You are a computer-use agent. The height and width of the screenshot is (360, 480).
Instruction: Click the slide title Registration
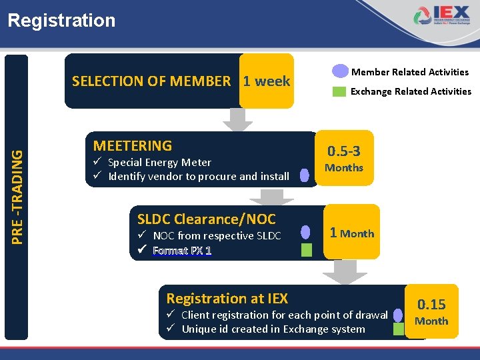(x=61, y=21)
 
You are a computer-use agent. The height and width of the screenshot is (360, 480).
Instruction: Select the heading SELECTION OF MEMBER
(x=151, y=81)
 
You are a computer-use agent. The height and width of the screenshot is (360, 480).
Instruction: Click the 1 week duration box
(x=266, y=81)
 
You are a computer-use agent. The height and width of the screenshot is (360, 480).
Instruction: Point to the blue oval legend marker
(x=340, y=71)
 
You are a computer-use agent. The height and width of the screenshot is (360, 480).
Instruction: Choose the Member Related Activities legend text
(x=410, y=72)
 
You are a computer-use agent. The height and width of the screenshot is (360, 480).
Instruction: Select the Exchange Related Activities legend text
(x=411, y=91)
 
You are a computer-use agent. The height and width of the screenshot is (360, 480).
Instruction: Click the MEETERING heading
(x=133, y=145)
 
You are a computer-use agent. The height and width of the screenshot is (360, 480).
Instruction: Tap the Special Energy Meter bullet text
(x=159, y=163)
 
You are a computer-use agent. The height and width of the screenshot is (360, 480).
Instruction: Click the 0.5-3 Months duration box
(x=344, y=158)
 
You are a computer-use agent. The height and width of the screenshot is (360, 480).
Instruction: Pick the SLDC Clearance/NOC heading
(x=206, y=219)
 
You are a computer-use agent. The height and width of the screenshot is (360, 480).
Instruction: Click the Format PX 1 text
(x=182, y=251)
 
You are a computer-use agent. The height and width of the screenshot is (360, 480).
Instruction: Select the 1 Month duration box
(x=351, y=233)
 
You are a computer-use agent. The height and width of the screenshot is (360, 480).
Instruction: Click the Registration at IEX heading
(x=227, y=298)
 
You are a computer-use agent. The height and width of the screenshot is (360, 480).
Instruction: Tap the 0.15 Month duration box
(x=431, y=311)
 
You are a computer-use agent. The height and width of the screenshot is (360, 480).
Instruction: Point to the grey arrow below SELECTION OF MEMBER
(x=237, y=120)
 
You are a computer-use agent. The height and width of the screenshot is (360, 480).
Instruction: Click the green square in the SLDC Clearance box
(x=306, y=250)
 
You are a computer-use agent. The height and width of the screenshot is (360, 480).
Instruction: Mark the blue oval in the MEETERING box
(x=305, y=175)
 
